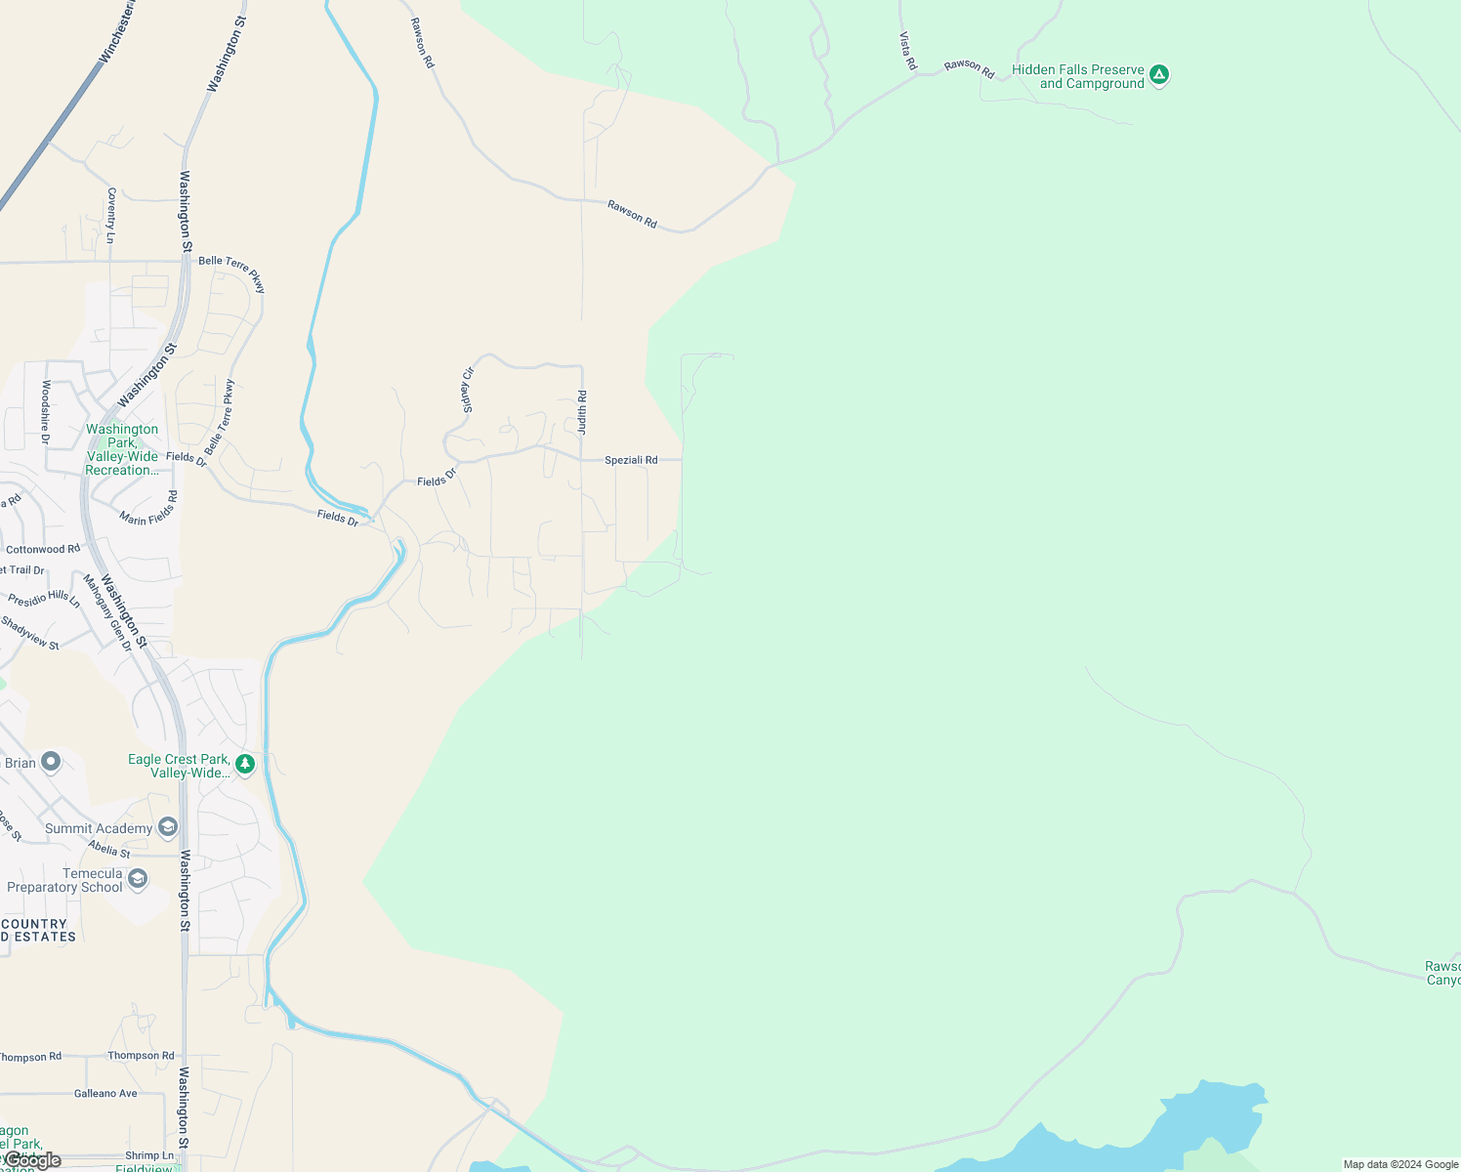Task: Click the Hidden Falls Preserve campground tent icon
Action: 1159,75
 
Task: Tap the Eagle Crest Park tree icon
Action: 246,764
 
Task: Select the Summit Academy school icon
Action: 167,828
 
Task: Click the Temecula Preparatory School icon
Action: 138,879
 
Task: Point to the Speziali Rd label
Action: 631,460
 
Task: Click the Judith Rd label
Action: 582,412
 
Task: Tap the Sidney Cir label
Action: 468,389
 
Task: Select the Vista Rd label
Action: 908,51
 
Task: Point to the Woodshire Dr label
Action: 45,412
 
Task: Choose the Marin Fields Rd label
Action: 148,508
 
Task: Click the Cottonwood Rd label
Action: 43,550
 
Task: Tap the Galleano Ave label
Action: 105,1094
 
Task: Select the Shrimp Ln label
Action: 149,1155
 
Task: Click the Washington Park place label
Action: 122,449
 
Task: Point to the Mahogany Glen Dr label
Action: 106,612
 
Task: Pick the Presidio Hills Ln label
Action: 44,599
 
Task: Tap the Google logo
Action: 33,1160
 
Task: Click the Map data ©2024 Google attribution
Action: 1400,1164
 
